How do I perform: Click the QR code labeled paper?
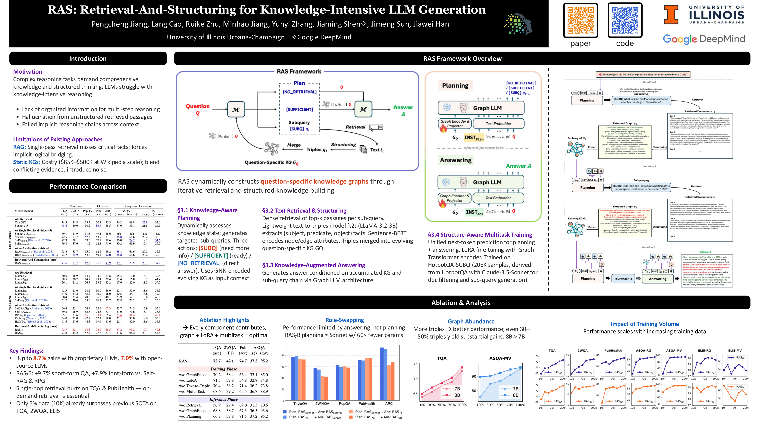[580, 20]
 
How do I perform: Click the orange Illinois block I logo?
[671, 14]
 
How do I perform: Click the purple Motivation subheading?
[27, 72]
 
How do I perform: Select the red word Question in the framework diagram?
[197, 106]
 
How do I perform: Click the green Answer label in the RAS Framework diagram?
[403, 108]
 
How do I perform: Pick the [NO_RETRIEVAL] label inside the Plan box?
[299, 92]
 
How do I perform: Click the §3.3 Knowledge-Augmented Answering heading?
[313, 265]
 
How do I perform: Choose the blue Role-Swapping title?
[344, 320]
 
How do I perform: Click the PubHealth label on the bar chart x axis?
[366, 403]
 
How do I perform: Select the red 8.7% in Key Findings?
[39, 358]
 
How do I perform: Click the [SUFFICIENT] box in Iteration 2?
[623, 278]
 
